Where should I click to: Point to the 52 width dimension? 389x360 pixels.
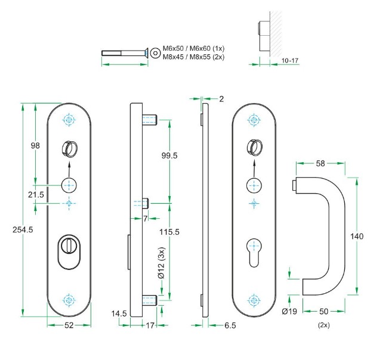69,325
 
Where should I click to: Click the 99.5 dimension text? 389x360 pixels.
170,155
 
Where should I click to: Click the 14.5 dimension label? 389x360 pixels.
119,313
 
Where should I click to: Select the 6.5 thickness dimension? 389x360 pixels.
229,325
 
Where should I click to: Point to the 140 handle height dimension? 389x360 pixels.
357,237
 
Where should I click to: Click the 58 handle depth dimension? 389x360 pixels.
321,162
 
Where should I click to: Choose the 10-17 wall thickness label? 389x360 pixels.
289,61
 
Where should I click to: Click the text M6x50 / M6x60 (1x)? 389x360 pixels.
194,48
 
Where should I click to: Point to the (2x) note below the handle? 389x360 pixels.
324,325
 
